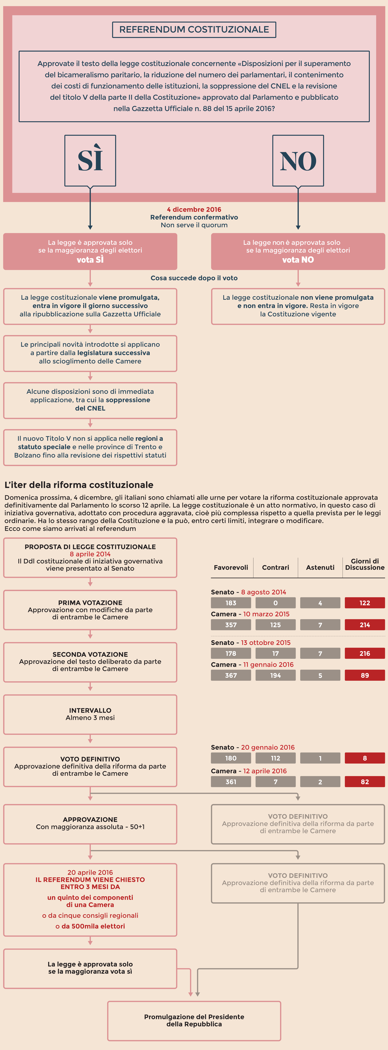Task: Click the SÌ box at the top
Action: pyautogui.click(x=90, y=160)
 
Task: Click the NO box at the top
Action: pyautogui.click(x=298, y=160)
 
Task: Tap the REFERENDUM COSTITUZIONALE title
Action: pyautogui.click(x=194, y=29)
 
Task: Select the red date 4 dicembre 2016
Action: pyautogui.click(x=194, y=210)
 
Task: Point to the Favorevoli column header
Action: pyautogui.click(x=231, y=567)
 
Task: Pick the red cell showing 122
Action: pyautogui.click(x=365, y=603)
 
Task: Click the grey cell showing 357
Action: pyautogui.click(x=231, y=625)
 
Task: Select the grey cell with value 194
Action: pyautogui.click(x=276, y=675)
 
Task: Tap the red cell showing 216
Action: pyautogui.click(x=365, y=653)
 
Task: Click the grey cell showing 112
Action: pyautogui.click(x=276, y=758)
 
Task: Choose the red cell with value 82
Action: pyautogui.click(x=365, y=782)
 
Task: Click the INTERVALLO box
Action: pyautogui.click(x=90, y=714)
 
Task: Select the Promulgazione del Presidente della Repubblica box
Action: pyautogui.click(x=194, y=1020)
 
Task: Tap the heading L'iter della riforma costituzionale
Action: pyautogui.click(x=79, y=485)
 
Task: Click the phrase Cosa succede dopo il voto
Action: pyautogui.click(x=194, y=278)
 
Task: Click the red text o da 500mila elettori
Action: pyautogui.click(x=90, y=926)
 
